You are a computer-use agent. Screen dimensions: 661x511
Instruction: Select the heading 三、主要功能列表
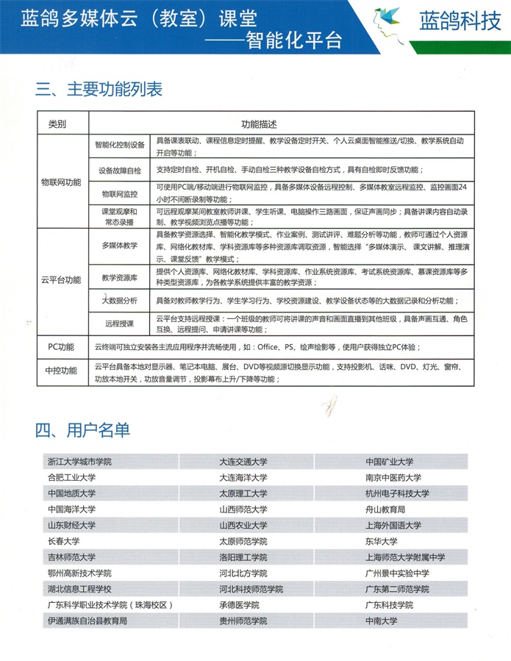99,90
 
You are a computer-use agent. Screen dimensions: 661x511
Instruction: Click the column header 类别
57,124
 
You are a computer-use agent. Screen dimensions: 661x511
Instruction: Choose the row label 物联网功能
61,182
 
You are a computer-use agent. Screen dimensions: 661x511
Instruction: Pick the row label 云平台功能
61,280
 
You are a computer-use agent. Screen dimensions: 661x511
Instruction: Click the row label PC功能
61,347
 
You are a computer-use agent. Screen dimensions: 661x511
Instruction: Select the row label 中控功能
61,371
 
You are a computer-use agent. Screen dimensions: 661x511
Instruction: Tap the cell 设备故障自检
120,170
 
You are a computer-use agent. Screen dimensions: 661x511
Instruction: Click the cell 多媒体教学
120,245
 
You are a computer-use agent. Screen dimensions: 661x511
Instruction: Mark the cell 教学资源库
120,278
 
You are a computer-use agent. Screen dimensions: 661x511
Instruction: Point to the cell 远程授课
120,323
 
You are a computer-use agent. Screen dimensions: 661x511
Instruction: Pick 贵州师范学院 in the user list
243,621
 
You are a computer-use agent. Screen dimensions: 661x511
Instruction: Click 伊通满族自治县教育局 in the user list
87,621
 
